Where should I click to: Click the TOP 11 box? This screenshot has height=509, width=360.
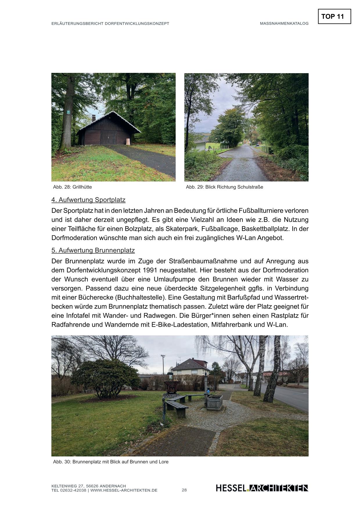334,17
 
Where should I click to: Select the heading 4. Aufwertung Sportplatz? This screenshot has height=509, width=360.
88,200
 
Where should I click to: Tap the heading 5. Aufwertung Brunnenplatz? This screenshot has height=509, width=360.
93,250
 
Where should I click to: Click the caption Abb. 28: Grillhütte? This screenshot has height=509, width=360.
72,187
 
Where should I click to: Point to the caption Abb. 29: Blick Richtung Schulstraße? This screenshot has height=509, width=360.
224,187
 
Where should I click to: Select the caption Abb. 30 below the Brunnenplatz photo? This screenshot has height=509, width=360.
111,462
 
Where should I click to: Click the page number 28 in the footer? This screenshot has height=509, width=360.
184,490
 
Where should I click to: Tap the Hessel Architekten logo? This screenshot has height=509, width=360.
262,488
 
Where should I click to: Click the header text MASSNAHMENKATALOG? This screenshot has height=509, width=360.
284,24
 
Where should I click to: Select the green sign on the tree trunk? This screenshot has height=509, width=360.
68,112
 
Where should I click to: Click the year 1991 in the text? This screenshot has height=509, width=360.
150,270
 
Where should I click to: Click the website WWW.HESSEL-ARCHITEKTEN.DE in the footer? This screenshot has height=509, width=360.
124,490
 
